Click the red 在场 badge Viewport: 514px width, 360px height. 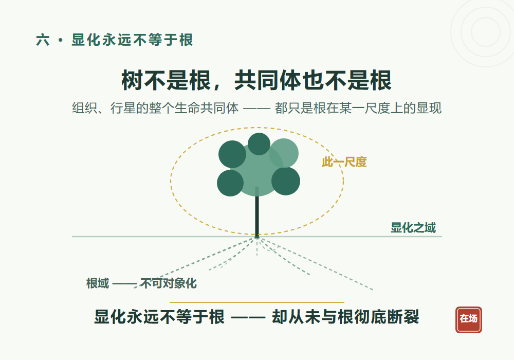click(x=468, y=320)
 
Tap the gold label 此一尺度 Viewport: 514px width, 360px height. click(x=344, y=162)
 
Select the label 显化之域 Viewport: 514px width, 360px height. click(x=413, y=227)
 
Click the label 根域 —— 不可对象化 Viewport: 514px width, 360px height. click(x=141, y=283)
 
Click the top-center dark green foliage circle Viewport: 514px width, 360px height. click(x=259, y=144)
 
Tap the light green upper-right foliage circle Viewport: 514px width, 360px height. click(x=284, y=153)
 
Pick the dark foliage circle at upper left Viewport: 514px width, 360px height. click(x=232, y=154)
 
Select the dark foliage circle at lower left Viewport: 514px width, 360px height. click(x=230, y=183)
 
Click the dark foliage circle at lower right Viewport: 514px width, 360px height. click(x=285, y=181)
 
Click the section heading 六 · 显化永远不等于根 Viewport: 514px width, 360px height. click(x=115, y=40)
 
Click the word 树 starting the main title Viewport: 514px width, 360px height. click(x=132, y=80)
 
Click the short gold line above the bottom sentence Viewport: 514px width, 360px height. click(x=257, y=302)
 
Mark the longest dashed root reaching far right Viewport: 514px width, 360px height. click(x=315, y=264)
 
